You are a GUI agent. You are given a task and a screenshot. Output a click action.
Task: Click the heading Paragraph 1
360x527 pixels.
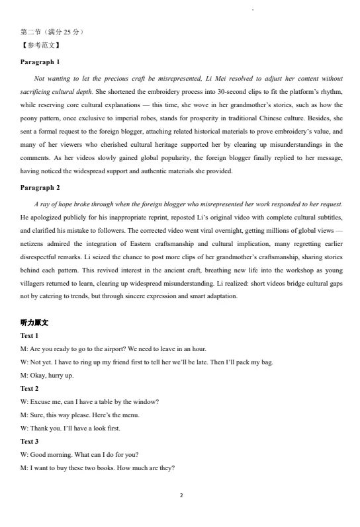click(40, 61)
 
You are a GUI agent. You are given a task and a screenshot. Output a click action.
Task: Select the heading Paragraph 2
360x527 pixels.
click(40, 188)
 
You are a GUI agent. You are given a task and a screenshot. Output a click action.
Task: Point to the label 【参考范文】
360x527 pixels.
click(41, 46)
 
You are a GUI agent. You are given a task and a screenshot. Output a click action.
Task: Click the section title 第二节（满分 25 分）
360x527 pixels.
click(52, 32)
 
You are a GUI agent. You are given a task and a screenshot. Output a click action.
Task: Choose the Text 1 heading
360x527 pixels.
click(30, 336)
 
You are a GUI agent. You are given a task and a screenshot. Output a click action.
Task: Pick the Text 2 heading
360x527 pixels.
click(30, 388)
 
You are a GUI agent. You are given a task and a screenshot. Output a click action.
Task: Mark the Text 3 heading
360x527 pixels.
click(30, 441)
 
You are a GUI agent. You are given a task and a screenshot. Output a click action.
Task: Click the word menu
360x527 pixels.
click(130, 415)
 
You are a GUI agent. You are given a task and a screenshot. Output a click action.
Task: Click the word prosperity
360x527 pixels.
click(191, 120)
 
